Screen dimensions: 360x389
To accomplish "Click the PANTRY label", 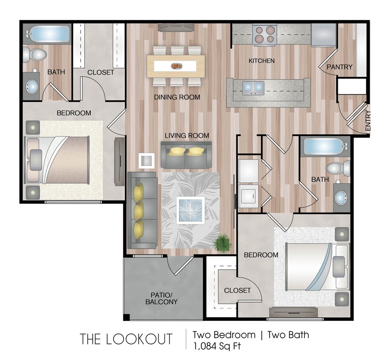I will coord(340,67).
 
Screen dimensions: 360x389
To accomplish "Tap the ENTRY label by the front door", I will coord(368,121).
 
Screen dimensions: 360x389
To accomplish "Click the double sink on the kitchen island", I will coord(253,87).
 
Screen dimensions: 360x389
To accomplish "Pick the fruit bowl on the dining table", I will coord(176,66).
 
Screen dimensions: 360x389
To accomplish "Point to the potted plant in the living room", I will coord(223,243).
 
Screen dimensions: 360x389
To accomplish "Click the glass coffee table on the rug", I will coord(191,210).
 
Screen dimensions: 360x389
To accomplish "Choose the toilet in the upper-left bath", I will coord(34,54).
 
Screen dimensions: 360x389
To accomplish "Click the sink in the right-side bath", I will coord(341,197).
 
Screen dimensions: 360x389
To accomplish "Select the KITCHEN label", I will coord(261,61).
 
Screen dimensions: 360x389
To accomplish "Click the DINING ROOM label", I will coord(177,97).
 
